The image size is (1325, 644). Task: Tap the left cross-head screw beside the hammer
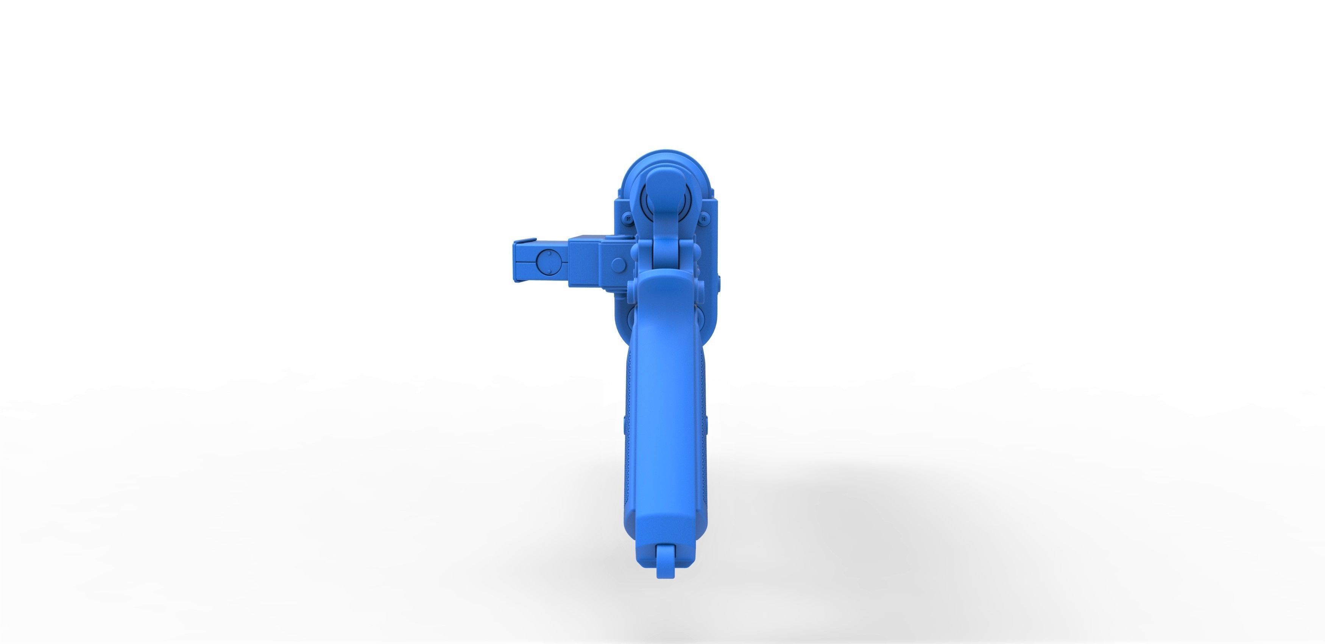coord(628,218)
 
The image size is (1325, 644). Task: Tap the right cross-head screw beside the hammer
coord(703,218)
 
